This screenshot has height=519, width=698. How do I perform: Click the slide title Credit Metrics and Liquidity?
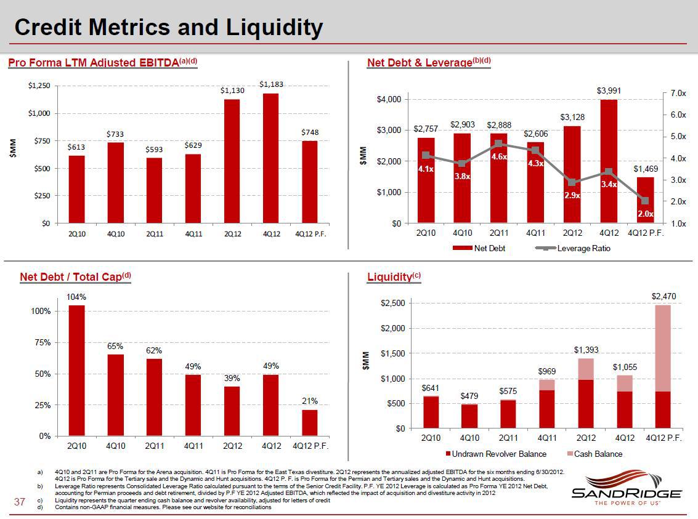[168, 28]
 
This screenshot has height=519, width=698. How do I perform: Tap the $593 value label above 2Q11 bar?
[154, 150]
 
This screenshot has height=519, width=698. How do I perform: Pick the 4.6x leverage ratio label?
[500, 157]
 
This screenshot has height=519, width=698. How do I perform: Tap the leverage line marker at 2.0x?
[644, 201]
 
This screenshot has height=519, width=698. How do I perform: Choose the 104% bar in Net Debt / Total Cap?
[76, 370]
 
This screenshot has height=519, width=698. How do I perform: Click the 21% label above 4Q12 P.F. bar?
[309, 401]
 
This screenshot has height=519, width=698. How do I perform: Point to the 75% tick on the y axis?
[42, 342]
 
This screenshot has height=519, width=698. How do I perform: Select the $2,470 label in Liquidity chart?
[664, 296]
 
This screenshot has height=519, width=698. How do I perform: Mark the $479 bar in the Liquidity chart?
[469, 416]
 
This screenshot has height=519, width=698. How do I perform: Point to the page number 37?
[19, 503]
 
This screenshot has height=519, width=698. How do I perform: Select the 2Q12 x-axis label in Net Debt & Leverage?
[572, 233]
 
